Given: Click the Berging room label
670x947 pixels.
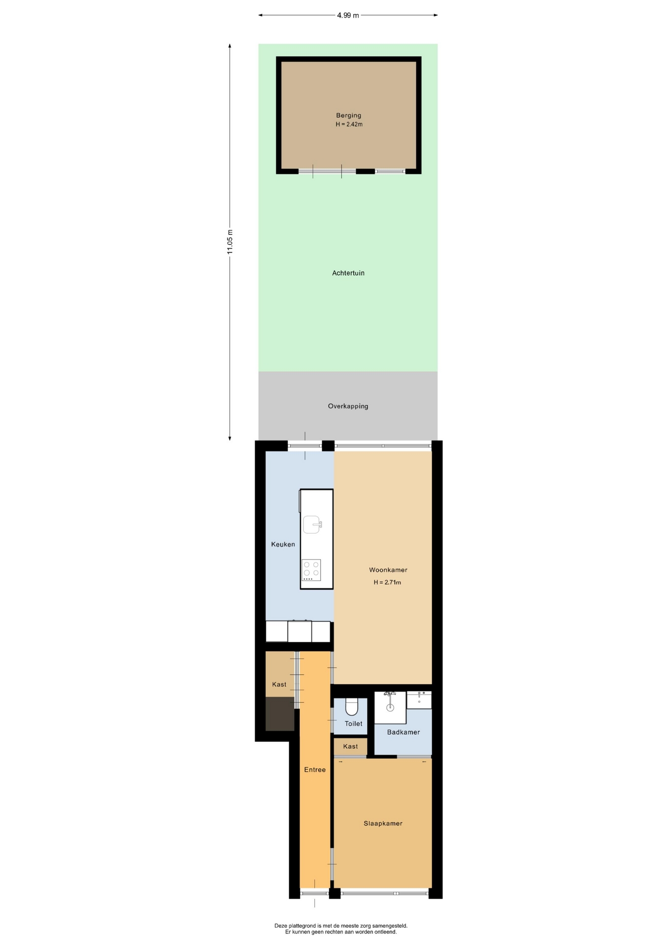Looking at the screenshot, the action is click(348, 115).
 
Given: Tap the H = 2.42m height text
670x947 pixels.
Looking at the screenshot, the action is click(349, 124).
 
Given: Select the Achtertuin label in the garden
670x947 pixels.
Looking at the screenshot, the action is click(348, 273).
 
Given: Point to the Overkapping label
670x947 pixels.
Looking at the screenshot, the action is click(348, 406).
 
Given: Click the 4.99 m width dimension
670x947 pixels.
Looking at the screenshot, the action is click(348, 15).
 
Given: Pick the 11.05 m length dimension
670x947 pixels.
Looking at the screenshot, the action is click(230, 242).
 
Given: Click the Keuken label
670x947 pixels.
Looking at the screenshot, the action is click(283, 545).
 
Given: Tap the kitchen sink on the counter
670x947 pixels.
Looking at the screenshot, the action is click(312, 524).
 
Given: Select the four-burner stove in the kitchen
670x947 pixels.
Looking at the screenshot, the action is click(311, 570).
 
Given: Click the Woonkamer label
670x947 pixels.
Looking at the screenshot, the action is click(388, 570).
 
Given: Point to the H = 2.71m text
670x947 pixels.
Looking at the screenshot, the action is click(387, 583).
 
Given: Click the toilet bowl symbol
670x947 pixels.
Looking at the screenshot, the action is click(351, 707).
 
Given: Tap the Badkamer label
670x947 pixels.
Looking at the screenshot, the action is click(403, 732).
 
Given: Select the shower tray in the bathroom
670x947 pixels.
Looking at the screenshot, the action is click(390, 708).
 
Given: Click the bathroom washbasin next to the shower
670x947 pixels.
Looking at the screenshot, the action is click(419, 700).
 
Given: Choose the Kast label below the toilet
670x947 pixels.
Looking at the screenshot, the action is click(350, 747).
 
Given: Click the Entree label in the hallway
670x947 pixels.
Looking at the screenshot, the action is click(315, 770).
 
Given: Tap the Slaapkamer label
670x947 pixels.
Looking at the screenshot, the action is click(383, 824).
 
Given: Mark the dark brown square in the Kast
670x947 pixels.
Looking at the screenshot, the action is click(280, 714).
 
